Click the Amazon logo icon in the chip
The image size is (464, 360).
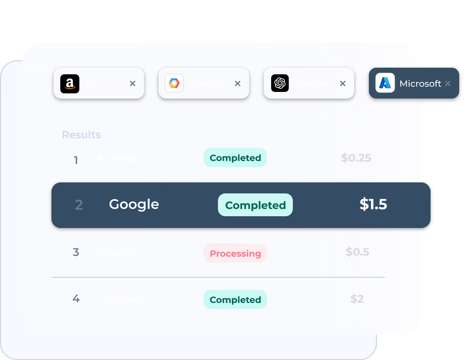click(70, 84)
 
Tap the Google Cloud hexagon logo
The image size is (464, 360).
click(174, 83)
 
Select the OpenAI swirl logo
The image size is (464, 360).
click(280, 83)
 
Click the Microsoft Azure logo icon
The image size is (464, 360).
click(385, 83)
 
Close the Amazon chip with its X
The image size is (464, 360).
click(133, 84)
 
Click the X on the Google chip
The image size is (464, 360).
click(238, 84)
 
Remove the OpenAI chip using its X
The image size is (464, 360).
click(343, 84)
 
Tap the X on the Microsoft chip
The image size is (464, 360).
click(448, 83)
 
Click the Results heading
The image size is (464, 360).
click(81, 135)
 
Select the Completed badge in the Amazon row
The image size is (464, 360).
click(235, 158)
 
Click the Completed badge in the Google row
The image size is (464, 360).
click(255, 205)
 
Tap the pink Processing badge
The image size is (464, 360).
click(235, 253)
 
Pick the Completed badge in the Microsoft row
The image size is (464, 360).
click(235, 300)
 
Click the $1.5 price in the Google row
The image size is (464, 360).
click(373, 204)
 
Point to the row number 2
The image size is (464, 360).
click(79, 205)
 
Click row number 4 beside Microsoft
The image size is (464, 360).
click(76, 299)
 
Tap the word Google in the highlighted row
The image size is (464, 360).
click(134, 204)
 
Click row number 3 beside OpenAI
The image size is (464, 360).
click(76, 252)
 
